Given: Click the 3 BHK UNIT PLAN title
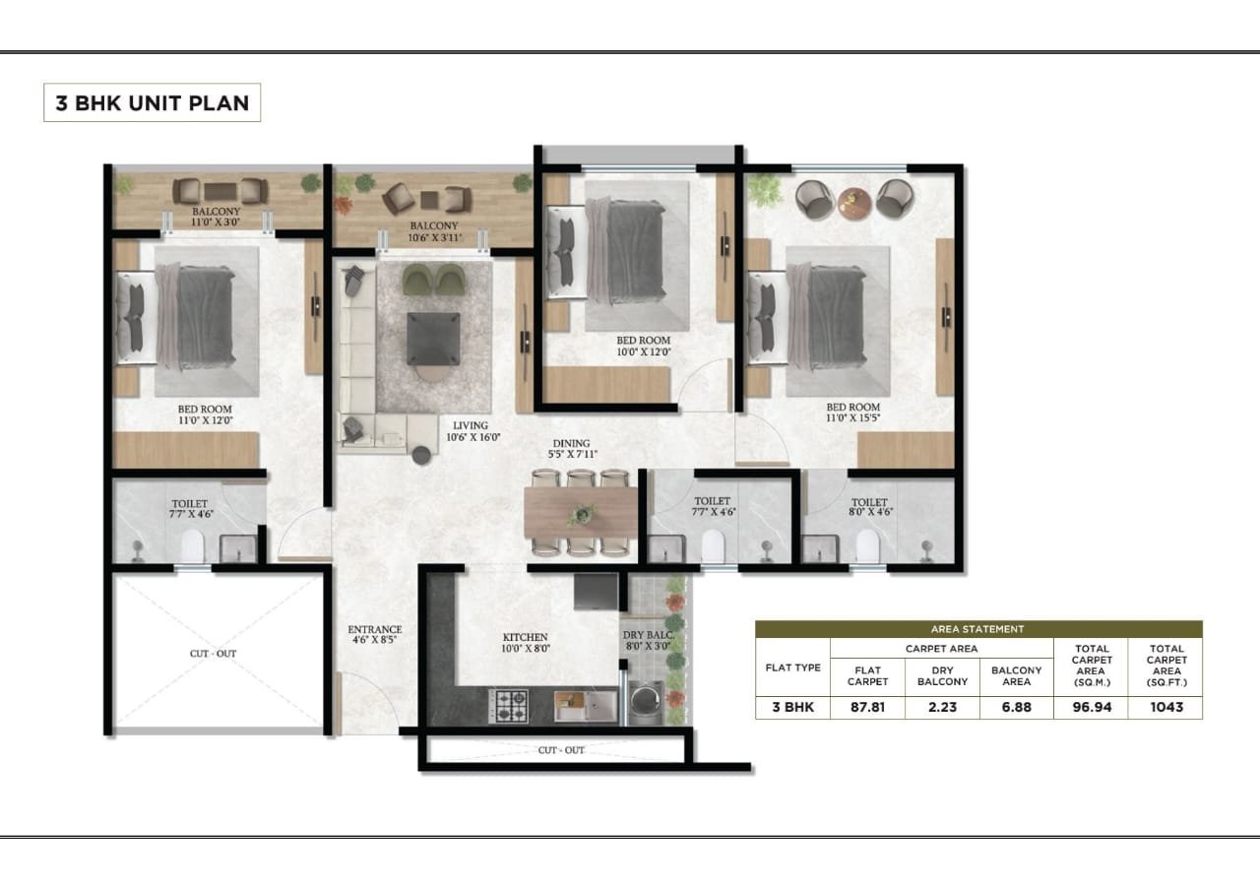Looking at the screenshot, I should (x=152, y=102).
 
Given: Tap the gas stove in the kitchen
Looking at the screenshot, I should (x=510, y=705).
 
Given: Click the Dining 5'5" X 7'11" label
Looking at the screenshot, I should (x=571, y=449).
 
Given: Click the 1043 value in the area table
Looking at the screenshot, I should (x=1165, y=707).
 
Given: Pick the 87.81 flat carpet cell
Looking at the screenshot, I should (x=867, y=707).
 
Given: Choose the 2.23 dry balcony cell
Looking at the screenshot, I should (x=942, y=707).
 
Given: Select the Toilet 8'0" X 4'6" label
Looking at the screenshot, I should (x=869, y=508).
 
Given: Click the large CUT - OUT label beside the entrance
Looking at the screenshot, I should (x=213, y=653).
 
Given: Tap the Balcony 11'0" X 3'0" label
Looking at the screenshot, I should (x=216, y=218).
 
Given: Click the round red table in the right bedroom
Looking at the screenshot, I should (x=853, y=201).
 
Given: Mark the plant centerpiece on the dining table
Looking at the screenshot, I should (x=583, y=513).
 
